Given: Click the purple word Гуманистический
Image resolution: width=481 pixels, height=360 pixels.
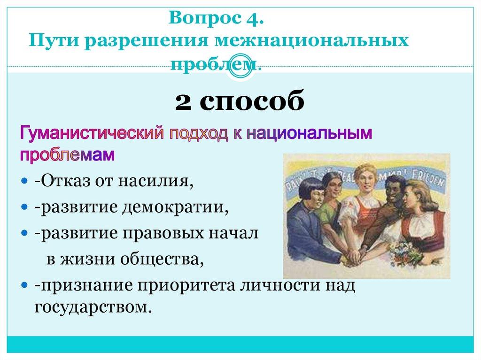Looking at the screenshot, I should tap(91, 133).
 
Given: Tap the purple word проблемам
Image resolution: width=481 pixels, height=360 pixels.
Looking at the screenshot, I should tap(67, 155).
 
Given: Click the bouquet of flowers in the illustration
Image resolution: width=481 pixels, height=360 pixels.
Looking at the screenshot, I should tap(408, 253).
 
